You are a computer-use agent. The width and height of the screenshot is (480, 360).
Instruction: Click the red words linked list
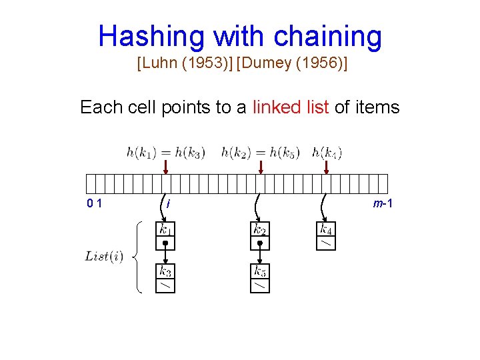pos(291,107)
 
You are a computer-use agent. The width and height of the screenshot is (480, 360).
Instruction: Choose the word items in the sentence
pos(377,107)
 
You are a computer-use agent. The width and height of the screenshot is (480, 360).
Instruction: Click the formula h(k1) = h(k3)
pos(166,153)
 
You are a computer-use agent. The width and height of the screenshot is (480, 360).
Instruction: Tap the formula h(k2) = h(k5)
pos(261,153)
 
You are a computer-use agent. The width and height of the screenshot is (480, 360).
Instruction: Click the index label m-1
pos(382,203)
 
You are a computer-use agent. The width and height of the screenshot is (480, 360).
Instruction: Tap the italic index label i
pos(169,203)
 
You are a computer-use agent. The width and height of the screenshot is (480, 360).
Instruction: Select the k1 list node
pos(165,235)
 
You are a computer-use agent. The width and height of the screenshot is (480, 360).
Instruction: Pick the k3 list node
pos(165,278)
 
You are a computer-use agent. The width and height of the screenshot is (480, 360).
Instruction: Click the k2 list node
pos(260,235)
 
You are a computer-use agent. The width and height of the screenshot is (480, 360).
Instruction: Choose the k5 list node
pos(260,278)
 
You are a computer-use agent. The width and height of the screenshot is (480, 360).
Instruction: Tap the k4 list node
pos(325,235)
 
